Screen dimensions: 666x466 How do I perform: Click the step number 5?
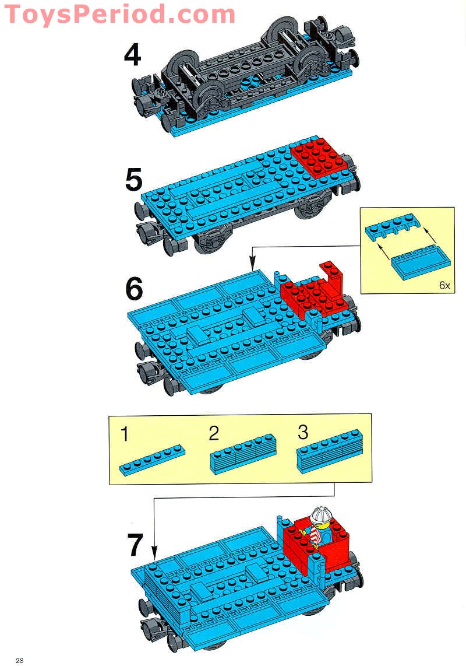[x=133, y=180]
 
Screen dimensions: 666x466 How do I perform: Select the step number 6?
[x=134, y=289]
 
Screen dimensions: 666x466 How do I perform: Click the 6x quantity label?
[x=444, y=286]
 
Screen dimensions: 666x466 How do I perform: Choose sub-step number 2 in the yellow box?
[x=214, y=433]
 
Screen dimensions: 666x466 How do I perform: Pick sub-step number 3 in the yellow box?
[x=302, y=433]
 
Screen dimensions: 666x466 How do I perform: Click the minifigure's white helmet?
[x=320, y=517]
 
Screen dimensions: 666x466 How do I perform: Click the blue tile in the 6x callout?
[x=421, y=264]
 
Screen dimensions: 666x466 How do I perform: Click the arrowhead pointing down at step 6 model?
[x=252, y=267]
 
